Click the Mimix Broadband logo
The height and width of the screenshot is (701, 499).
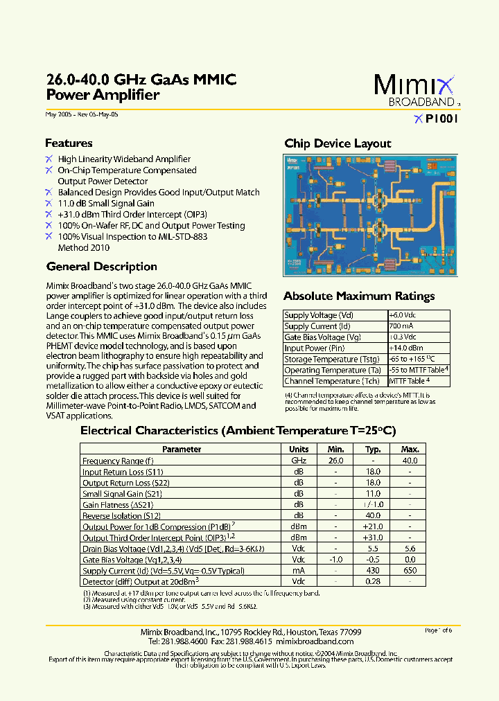[415, 89]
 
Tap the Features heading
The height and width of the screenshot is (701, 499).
[69, 143]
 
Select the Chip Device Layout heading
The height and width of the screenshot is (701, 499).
[338, 143]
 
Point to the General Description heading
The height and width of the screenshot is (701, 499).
[101, 267]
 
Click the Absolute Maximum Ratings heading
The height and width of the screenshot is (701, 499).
[359, 296]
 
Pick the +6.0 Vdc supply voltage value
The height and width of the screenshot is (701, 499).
[403, 315]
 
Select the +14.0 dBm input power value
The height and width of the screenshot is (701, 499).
[405, 348]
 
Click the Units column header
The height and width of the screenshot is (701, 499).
[299, 450]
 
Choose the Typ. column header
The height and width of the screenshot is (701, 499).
[373, 450]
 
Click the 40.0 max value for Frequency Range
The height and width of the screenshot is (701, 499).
[410, 461]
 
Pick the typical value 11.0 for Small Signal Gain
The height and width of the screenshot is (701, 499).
[373, 494]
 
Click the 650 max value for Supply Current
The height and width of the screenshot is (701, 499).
[410, 570]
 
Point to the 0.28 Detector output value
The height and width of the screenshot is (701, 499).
[373, 581]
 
